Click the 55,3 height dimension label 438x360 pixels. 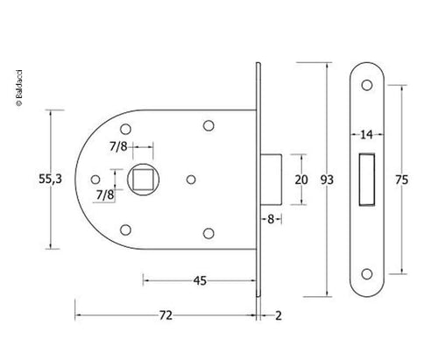point(51,179)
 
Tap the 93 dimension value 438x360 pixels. point(327,180)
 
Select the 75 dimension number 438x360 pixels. point(401,180)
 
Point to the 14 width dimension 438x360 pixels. point(366,135)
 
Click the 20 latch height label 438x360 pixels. point(301,180)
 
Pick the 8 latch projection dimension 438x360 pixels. point(271,219)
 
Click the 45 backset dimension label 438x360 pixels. point(200,280)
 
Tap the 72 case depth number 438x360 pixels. point(166,315)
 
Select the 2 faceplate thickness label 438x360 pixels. point(279,315)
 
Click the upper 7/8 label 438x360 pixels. point(118,146)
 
